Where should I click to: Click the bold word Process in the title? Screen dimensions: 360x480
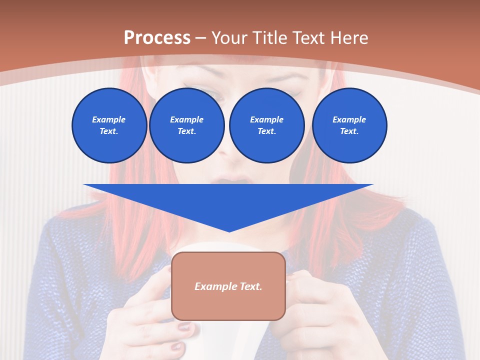point(157,38)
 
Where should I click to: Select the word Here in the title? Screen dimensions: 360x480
point(349,38)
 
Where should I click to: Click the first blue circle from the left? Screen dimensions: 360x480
point(109,125)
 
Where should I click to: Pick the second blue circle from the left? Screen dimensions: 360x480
point(186,125)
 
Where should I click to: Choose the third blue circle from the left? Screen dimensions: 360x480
point(266,125)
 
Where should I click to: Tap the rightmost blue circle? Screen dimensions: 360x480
point(349,125)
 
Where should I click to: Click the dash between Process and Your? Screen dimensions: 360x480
point(200,38)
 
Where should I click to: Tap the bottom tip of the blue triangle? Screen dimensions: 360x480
point(229,230)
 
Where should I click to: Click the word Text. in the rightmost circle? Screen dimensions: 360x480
point(349,131)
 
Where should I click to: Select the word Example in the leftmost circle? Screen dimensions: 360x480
point(109,119)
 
